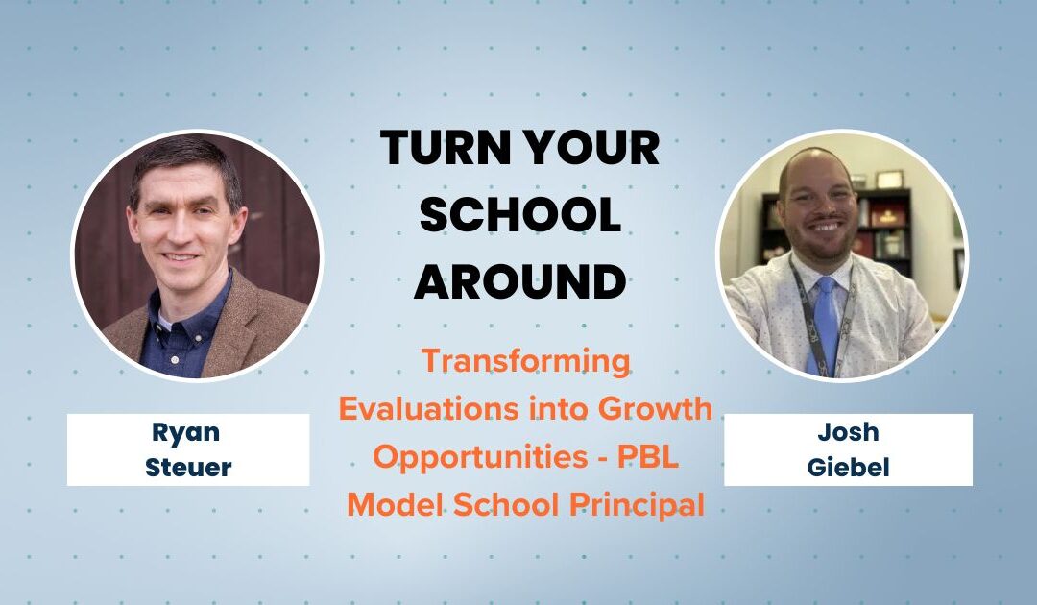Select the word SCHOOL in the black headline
519,215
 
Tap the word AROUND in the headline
519,281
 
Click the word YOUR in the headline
596,149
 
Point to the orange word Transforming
525,361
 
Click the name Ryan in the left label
188,432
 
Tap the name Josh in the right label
848,432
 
